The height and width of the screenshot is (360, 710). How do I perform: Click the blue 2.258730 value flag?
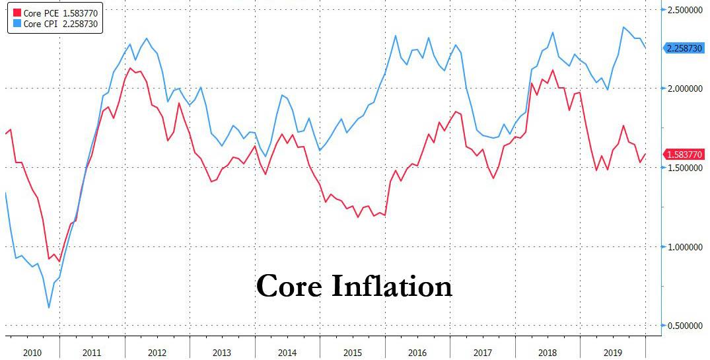[686, 48]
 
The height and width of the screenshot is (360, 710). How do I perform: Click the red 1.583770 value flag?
[686, 155]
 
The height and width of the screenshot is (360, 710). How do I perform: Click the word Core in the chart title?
[288, 287]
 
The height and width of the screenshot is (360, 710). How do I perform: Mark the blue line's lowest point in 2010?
[49, 308]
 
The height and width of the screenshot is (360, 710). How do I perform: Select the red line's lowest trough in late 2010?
[59, 262]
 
